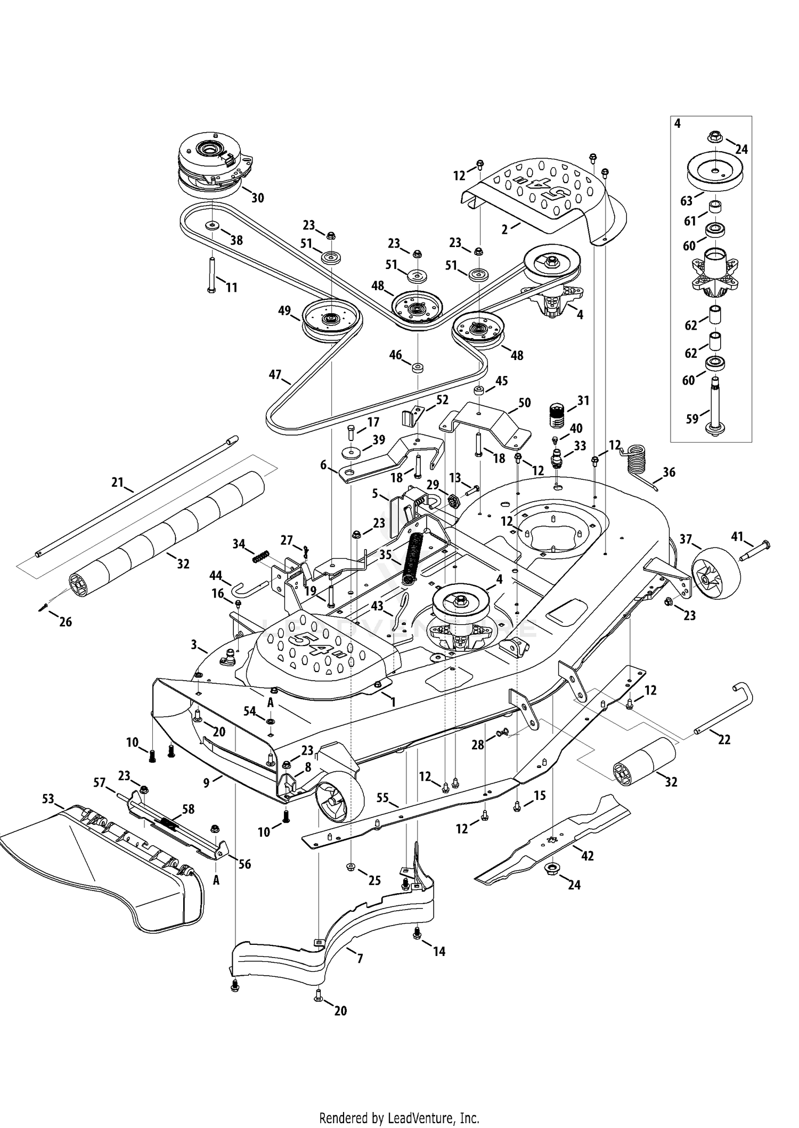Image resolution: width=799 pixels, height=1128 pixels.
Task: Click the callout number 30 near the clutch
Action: [257, 198]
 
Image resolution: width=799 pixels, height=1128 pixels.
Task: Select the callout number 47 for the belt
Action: [275, 375]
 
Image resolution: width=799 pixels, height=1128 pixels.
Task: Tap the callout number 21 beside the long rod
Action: [117, 483]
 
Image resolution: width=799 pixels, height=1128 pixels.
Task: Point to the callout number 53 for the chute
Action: [48, 798]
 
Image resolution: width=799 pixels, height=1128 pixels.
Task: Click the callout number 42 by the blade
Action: [587, 855]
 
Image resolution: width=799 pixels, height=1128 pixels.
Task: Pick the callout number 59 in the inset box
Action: [692, 419]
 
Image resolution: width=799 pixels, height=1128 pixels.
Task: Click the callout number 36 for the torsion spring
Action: [668, 472]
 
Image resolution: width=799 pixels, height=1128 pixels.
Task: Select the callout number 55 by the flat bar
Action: [383, 798]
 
